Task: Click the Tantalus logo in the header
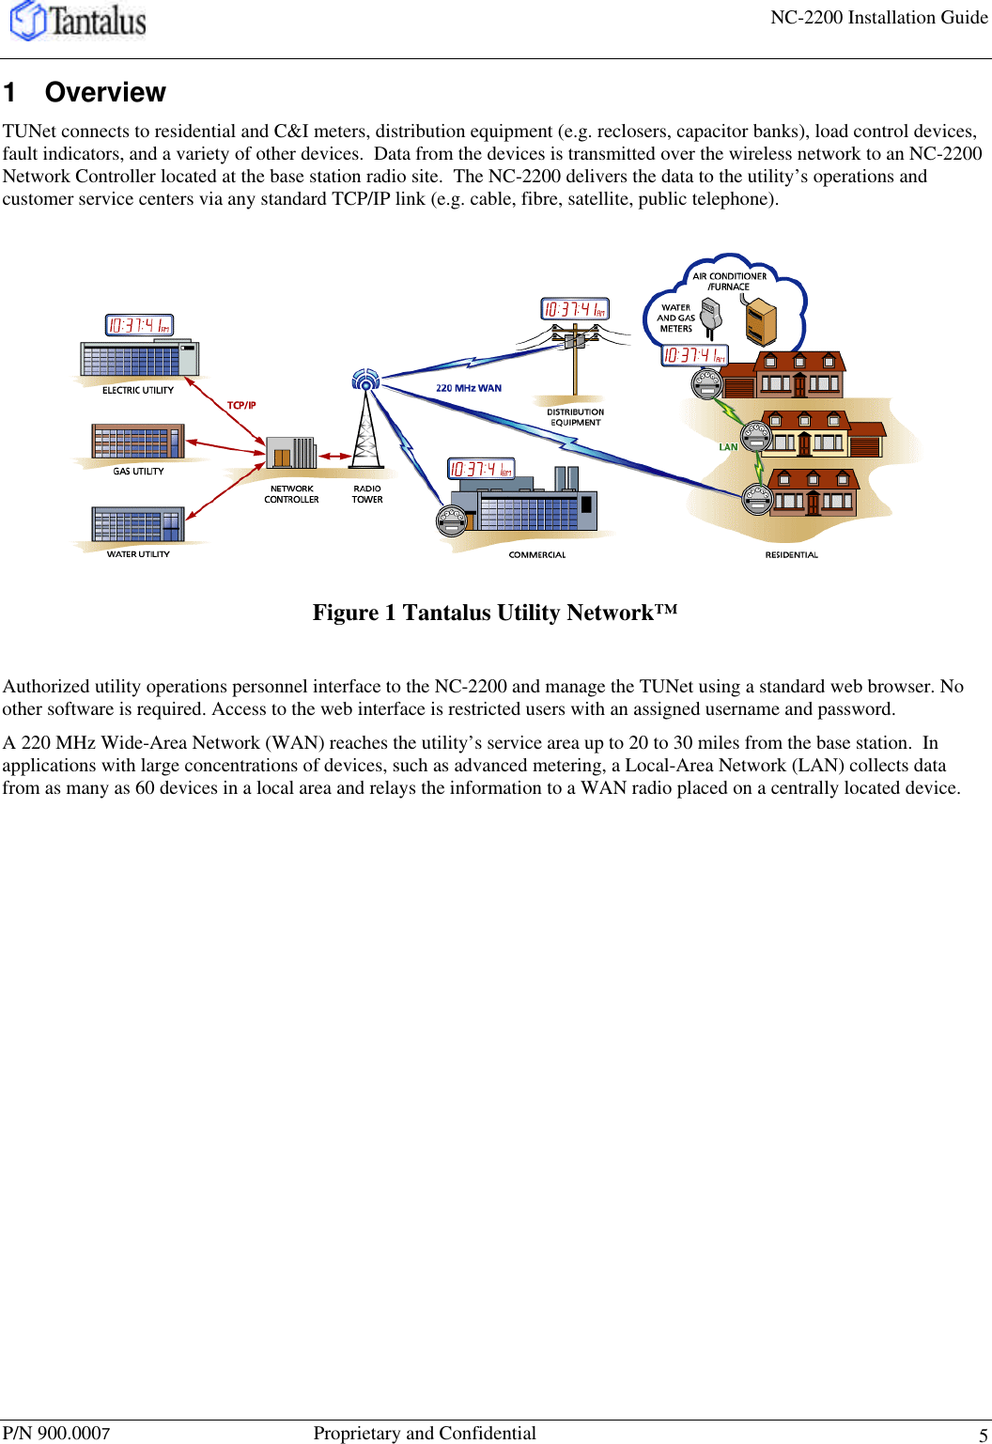[x=79, y=21]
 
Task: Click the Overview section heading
[x=105, y=92]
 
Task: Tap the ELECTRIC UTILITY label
[x=138, y=390]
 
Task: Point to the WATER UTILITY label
[x=138, y=554]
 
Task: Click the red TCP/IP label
[x=241, y=405]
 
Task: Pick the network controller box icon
[x=291, y=453]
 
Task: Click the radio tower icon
[x=366, y=423]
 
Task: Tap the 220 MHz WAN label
[x=469, y=388]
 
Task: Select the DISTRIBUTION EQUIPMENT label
[x=576, y=417]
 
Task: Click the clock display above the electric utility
[x=139, y=325]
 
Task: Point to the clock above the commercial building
[x=481, y=469]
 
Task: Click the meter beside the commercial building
[x=452, y=520]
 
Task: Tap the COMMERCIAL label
[x=537, y=555]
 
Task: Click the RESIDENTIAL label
[x=791, y=555]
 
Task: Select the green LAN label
[x=728, y=447]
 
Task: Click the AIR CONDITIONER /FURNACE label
[x=730, y=281]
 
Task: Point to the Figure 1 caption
[x=495, y=613]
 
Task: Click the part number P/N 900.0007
[x=56, y=1433]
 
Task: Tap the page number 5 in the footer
[x=983, y=1435]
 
